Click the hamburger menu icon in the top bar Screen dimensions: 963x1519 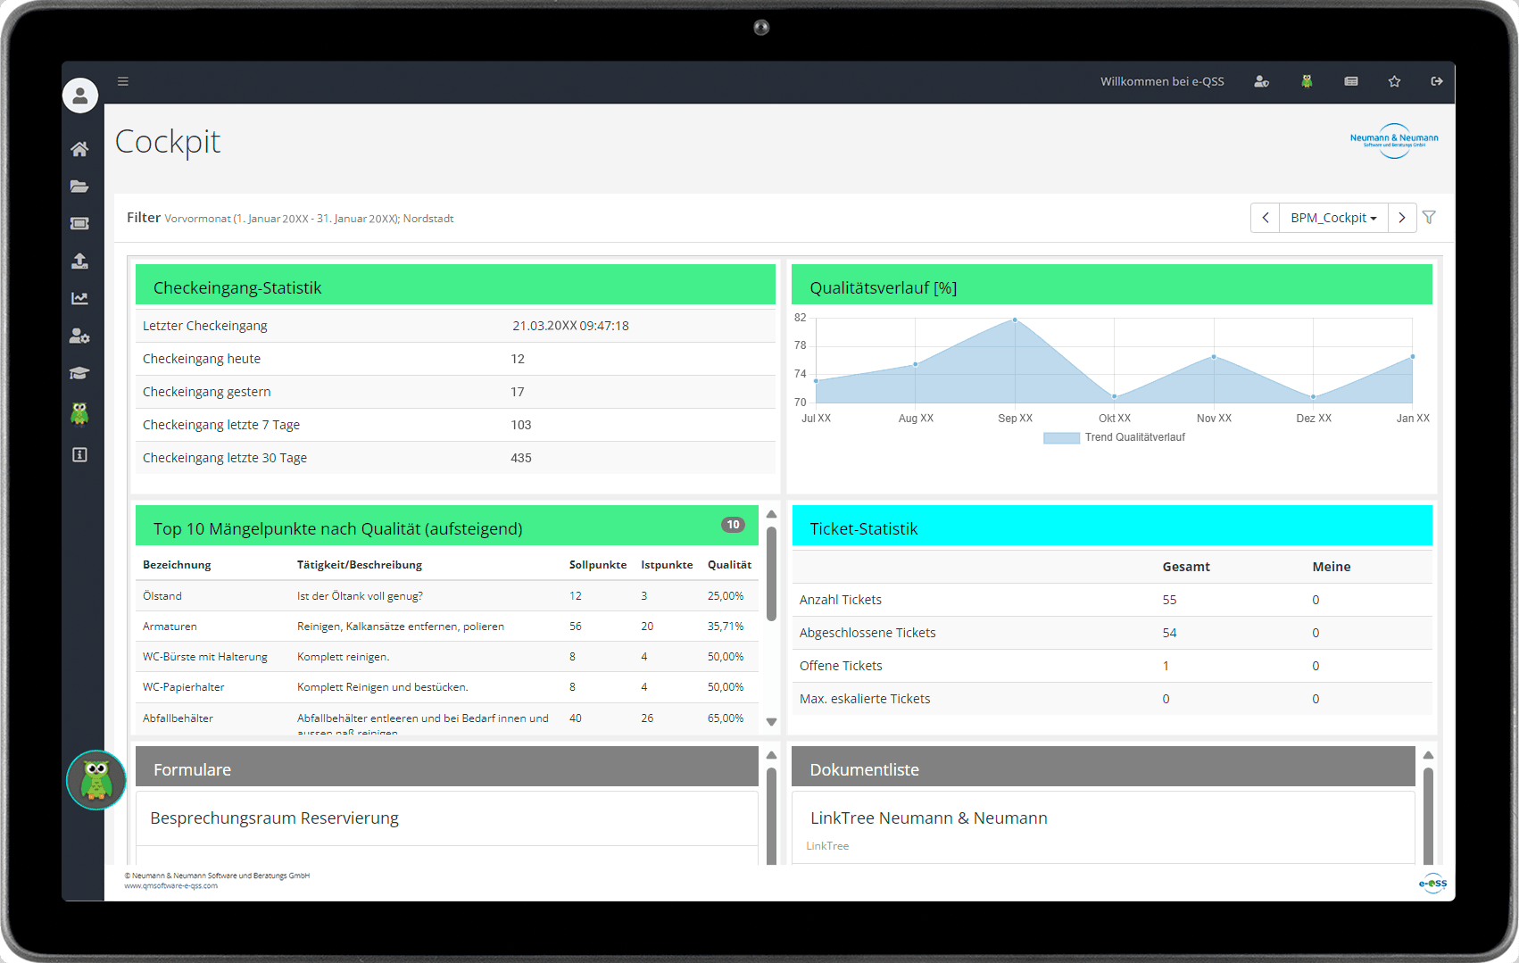pyautogui.click(x=123, y=81)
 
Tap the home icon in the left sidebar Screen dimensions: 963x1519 pyautogui.click(x=79, y=149)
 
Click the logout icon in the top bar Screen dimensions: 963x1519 pyautogui.click(x=1437, y=81)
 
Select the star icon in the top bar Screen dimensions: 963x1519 pyautogui.click(x=1394, y=81)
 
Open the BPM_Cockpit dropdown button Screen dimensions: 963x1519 pyautogui.click(x=1333, y=218)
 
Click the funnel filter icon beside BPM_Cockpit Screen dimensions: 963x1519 pyautogui.click(x=1429, y=218)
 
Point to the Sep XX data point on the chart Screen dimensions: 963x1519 pyautogui.click(x=1015, y=320)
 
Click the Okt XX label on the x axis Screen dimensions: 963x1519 pyautogui.click(x=1114, y=418)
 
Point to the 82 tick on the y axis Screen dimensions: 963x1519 pyautogui.click(x=800, y=318)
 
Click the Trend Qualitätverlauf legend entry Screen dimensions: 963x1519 pyautogui.click(x=1115, y=437)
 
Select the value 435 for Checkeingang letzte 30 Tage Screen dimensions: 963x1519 pyautogui.click(x=521, y=458)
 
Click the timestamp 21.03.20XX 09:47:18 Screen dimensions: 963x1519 pyautogui.click(x=570, y=326)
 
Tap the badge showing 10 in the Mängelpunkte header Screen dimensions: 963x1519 pyautogui.click(x=733, y=525)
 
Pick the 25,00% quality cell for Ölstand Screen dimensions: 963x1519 pyautogui.click(x=725, y=595)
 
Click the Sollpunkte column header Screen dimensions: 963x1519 pyautogui.click(x=597, y=565)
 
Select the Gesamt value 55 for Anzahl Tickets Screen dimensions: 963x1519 pyautogui.click(x=1169, y=600)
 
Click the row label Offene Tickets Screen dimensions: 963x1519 pyautogui.click(x=841, y=666)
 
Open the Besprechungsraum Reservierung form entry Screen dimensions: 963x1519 pyautogui.click(x=274, y=818)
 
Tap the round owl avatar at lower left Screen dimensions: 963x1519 pyautogui.click(x=96, y=780)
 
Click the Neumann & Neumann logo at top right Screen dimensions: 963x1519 pyautogui.click(x=1393, y=141)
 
